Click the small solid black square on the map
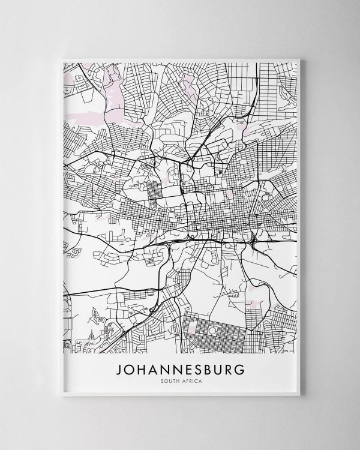pos(220,172)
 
